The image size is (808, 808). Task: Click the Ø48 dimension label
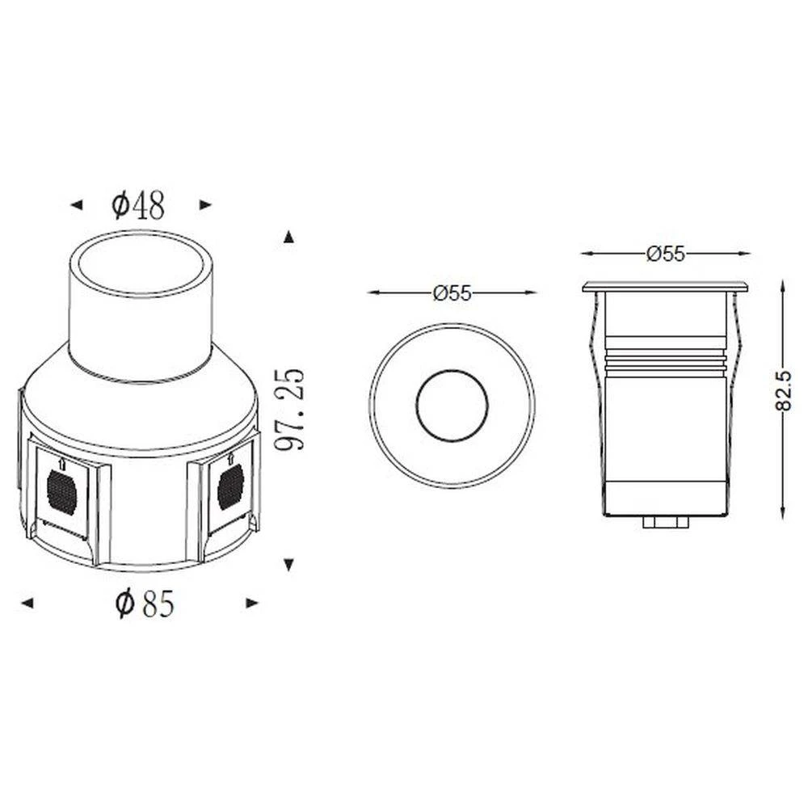coord(138,206)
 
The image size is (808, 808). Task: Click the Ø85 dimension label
coord(145,603)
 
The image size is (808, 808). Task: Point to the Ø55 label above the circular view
coord(452,293)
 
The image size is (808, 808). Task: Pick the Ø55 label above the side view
coord(665,254)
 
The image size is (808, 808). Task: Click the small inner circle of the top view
coord(452,406)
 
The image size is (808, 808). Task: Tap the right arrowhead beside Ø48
coord(205,206)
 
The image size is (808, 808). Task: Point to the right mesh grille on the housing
coord(230,486)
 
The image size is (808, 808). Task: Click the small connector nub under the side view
coord(665,522)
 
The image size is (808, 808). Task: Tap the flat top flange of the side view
coord(665,286)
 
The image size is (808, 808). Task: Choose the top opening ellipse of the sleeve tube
coord(140,267)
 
